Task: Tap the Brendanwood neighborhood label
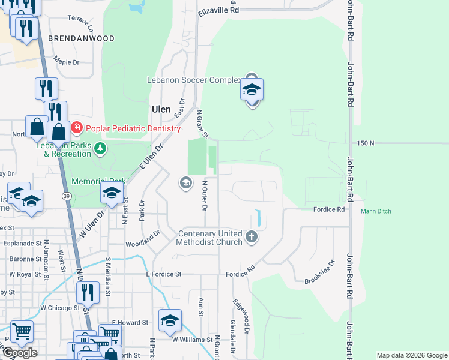click(81, 38)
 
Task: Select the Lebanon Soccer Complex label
click(194, 79)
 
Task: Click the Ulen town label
click(161, 109)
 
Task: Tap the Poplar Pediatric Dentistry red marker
click(77, 128)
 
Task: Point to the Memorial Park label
click(99, 181)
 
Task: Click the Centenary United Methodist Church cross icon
click(252, 238)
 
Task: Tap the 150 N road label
click(366, 143)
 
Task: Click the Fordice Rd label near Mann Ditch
click(328, 209)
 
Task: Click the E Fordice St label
click(163, 274)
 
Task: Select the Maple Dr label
click(67, 62)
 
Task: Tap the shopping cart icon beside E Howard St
click(109, 334)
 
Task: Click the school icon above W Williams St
click(170, 320)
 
